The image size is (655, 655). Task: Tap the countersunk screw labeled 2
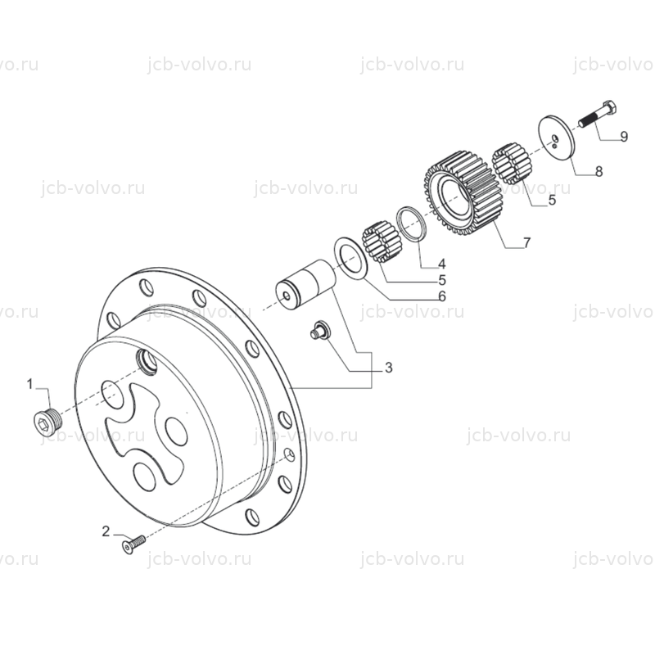point(133,544)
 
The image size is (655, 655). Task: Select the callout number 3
point(388,368)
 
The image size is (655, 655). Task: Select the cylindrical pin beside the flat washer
point(305,284)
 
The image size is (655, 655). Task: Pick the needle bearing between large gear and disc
point(513,164)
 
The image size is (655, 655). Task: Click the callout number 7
point(527,242)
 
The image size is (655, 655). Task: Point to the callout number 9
point(624,137)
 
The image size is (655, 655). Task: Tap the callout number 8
point(599,171)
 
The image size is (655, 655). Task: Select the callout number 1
point(29,384)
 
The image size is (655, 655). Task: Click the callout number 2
point(106,531)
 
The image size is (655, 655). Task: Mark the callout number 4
point(442,264)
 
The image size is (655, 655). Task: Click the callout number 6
point(442,296)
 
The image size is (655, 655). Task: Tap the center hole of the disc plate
point(555,138)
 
